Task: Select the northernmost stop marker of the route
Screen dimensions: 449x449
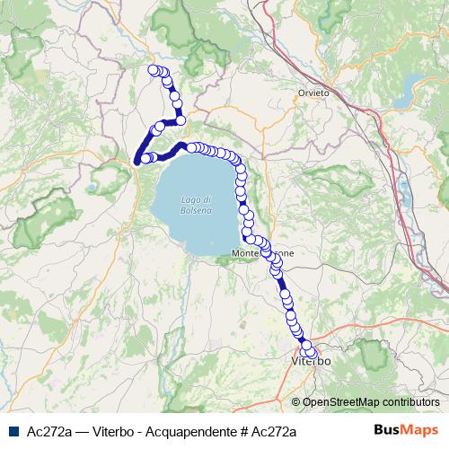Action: (153, 69)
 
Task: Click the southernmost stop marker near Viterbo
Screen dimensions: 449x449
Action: (312, 352)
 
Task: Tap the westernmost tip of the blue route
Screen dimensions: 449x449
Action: (136, 162)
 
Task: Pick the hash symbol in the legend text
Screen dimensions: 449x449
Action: (242, 433)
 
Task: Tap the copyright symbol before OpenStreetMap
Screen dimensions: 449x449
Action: (296, 402)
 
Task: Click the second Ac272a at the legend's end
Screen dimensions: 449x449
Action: (273, 433)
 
